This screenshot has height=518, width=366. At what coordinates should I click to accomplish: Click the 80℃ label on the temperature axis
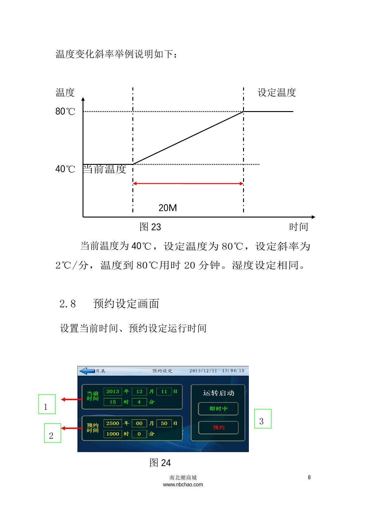pos(65,111)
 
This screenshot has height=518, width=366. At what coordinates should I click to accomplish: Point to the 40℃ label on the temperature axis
pos(65,169)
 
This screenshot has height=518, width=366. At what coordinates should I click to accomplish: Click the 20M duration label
pos(167,208)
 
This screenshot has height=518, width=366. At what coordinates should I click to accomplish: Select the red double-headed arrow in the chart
pos(188,183)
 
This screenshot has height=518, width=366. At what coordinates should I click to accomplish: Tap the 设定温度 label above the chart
pos(277,92)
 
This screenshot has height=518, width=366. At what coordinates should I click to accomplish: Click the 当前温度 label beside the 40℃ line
pos(104,169)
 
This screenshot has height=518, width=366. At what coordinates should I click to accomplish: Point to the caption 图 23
pos(150,227)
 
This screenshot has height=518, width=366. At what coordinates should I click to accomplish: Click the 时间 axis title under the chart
pos(299,227)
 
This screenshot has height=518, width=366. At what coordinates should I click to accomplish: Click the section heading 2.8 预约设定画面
pos(109,304)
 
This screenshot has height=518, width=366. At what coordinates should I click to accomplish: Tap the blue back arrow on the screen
pos(87,371)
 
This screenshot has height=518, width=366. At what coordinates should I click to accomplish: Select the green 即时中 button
pos(218,409)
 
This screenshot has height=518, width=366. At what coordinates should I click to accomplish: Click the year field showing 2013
pos(113,392)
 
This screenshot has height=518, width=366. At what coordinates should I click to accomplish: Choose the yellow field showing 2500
pos(113,423)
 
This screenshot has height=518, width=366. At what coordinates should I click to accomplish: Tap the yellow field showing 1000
pos(113,434)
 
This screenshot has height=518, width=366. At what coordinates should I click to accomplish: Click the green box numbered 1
pos(47,404)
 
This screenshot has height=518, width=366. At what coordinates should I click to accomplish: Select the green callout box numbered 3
pos(263,418)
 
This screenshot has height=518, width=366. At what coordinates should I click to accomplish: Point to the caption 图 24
pos(160,463)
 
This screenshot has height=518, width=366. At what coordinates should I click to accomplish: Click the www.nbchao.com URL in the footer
pos(183,484)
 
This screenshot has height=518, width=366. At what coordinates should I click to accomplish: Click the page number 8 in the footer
pos(309,477)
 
